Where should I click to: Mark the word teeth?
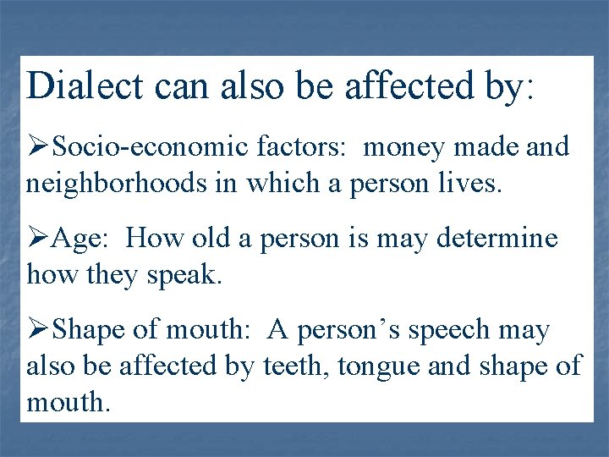[285, 366]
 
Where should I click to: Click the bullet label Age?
[80, 240]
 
